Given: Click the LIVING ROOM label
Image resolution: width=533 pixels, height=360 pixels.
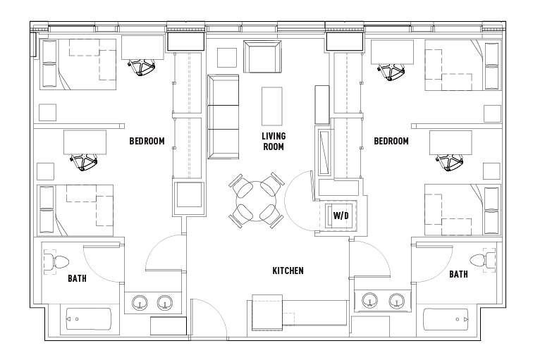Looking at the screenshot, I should click(x=273, y=142).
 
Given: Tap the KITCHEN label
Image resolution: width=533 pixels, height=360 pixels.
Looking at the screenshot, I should click(x=288, y=271).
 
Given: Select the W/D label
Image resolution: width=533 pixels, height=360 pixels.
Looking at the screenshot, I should click(x=341, y=215).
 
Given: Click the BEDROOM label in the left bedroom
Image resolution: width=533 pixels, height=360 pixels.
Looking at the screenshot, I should click(x=147, y=142).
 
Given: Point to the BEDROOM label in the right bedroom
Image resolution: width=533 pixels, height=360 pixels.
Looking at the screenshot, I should click(x=391, y=142).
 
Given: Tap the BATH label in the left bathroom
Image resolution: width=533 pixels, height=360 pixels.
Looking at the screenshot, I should click(x=77, y=278).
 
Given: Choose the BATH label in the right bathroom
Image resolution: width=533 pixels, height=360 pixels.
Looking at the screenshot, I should click(x=458, y=274).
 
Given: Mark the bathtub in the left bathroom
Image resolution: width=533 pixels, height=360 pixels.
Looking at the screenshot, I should click(x=89, y=320).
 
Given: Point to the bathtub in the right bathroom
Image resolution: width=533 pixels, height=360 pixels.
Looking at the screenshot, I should click(x=446, y=320).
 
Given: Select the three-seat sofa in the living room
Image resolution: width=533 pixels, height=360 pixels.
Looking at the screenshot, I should click(x=223, y=116).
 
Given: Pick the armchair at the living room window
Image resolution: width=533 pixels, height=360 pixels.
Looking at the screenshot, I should click(x=262, y=56).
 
